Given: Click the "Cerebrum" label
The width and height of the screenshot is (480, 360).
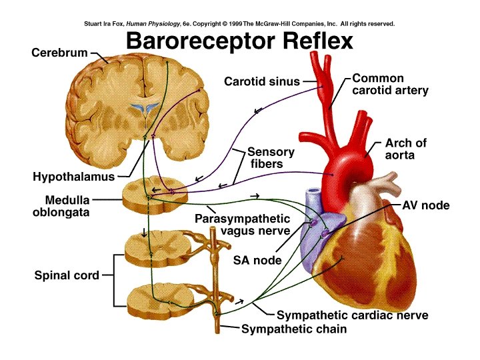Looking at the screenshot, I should point(60,53).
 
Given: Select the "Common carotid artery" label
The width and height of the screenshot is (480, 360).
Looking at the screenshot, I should point(390,84).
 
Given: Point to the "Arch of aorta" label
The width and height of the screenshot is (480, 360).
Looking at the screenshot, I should point(405,149).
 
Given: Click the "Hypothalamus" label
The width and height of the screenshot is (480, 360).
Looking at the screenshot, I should point(73,177).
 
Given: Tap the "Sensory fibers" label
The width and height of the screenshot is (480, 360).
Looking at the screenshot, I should point(270,158).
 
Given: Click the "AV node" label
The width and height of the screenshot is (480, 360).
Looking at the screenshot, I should point(425,206).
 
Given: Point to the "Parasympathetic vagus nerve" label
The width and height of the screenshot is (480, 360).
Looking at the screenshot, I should point(243,225).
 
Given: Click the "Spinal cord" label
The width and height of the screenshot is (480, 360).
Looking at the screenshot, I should point(67,275).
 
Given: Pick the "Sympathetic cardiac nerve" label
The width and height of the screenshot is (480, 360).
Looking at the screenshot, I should point(352,315).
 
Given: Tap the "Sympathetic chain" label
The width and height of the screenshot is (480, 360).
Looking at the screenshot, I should point(293,329).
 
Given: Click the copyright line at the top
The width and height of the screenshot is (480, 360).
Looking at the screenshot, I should point(239,23).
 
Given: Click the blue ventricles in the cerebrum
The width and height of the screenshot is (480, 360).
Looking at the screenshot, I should point(145,107).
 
